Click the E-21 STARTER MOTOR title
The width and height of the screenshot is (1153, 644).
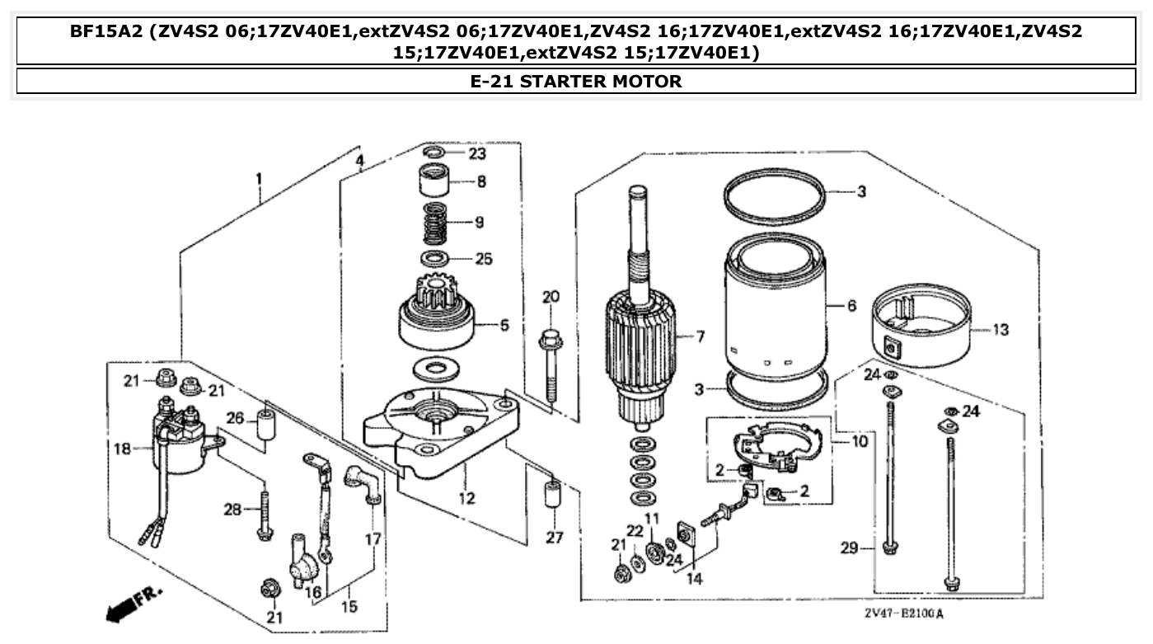[x=575, y=82]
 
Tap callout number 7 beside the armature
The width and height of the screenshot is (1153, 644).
[x=700, y=336]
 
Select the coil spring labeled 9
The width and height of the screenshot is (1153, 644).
[x=438, y=223]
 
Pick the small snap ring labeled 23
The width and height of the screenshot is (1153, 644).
[x=438, y=153]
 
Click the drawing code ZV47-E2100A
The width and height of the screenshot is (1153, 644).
[x=904, y=613]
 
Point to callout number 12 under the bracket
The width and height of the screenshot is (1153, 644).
[x=466, y=498]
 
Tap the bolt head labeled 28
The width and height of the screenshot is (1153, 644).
[x=264, y=532]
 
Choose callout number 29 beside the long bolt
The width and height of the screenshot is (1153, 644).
[x=850, y=548]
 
